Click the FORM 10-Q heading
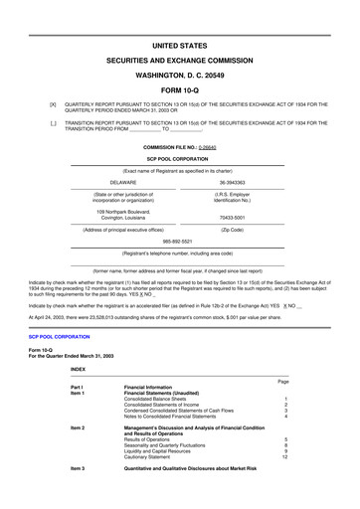pyautogui.click(x=180, y=88)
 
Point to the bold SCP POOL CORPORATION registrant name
pyautogui.click(x=180, y=157)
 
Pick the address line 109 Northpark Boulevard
pyautogui.click(x=123, y=210)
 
